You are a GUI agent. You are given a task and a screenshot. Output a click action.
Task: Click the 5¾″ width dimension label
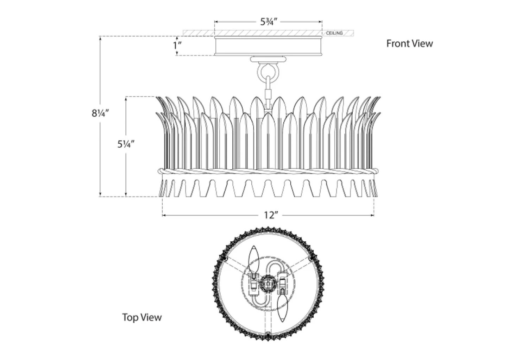269,22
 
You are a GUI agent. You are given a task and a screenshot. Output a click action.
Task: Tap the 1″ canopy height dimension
177,45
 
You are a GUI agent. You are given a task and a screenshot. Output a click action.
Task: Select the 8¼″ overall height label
100,113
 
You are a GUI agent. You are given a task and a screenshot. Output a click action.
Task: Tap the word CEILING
334,33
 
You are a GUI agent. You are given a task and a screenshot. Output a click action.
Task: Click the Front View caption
409,44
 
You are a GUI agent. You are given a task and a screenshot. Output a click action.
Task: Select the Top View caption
142,317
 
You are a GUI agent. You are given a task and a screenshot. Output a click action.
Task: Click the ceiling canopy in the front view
269,46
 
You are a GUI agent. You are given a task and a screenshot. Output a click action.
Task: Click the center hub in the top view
268,282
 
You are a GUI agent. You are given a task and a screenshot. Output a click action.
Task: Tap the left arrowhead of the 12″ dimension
164,215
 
